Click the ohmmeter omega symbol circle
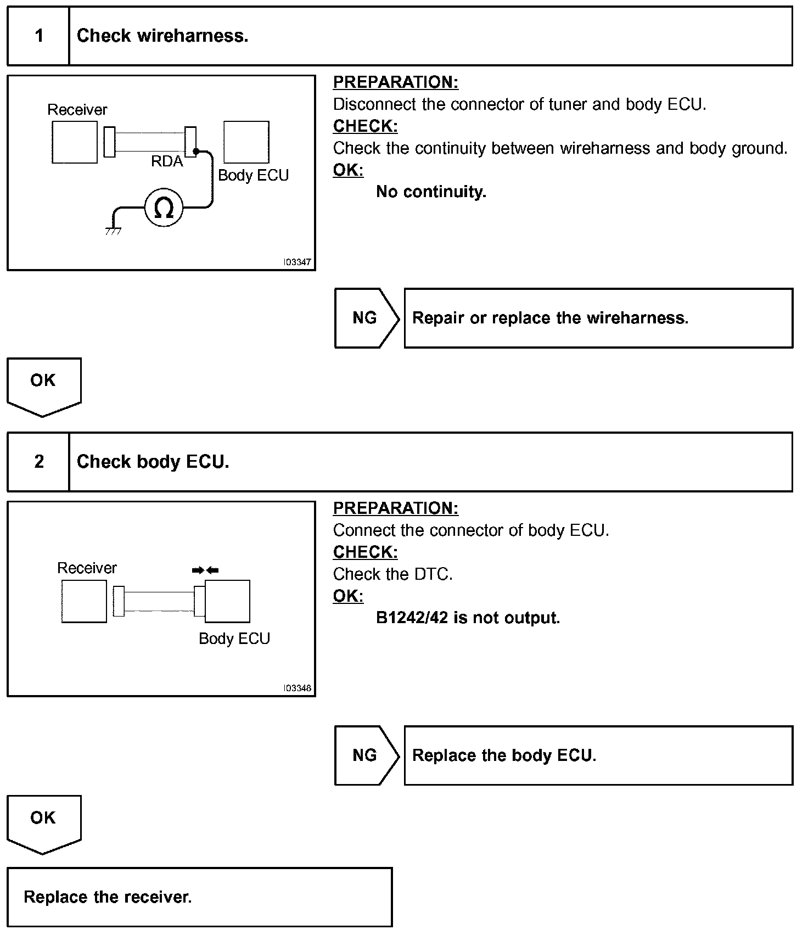[164, 208]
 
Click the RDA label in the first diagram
[167, 161]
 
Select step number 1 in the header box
[39, 36]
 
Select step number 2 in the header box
[39, 462]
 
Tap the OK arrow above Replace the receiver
[43, 822]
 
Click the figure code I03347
[297, 262]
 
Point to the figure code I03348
[297, 688]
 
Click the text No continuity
[431, 192]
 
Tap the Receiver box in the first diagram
[75, 143]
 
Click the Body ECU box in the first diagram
[246, 143]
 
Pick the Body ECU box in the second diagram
[227, 601]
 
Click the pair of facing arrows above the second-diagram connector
[205, 570]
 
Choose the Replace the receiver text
[108, 897]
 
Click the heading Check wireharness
[162, 36]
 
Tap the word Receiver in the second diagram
[87, 568]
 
